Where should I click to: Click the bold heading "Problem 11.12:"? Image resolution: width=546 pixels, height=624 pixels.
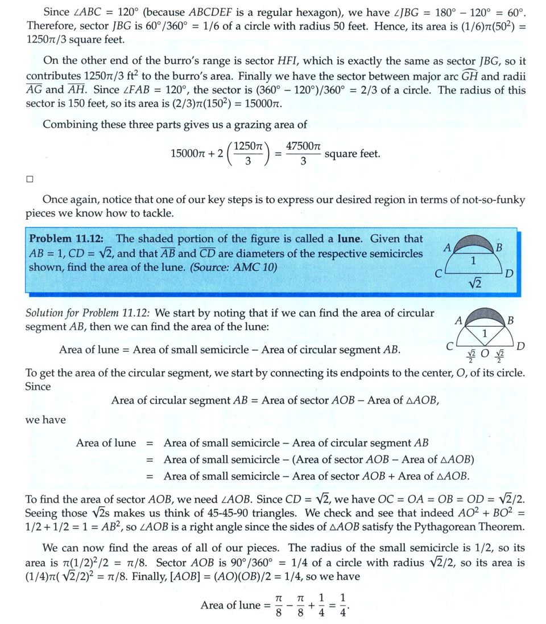pyautogui.click(x=63, y=239)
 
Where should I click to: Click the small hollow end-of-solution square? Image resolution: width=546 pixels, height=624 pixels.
pyautogui.click(x=30, y=179)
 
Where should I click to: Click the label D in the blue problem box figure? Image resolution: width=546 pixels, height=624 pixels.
pyautogui.click(x=510, y=274)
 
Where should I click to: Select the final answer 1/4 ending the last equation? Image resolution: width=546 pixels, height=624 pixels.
pyautogui.click(x=342, y=605)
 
